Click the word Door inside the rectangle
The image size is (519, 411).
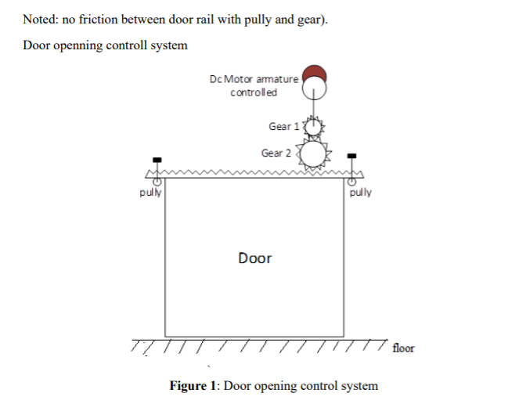[254, 258]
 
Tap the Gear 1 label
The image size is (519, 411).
[283, 126]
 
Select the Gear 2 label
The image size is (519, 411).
[276, 153]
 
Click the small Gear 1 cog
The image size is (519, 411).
[313, 126]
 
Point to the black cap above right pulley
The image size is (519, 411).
[351, 155]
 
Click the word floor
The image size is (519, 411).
[403, 348]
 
